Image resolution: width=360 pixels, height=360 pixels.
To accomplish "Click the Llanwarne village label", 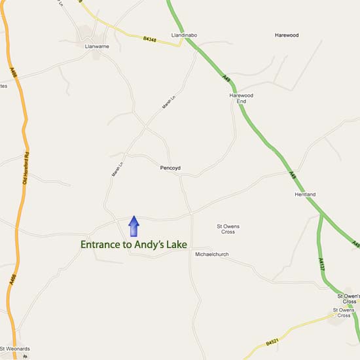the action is click(96, 46).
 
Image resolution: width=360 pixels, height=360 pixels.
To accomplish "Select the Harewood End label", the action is click(241, 98).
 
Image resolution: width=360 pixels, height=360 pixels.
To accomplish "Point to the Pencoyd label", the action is click(170, 168).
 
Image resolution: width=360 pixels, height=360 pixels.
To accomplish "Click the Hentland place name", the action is click(305, 194).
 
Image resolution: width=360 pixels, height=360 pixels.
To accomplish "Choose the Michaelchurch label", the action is click(212, 254).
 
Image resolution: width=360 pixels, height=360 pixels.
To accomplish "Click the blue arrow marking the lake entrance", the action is click(134, 226).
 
